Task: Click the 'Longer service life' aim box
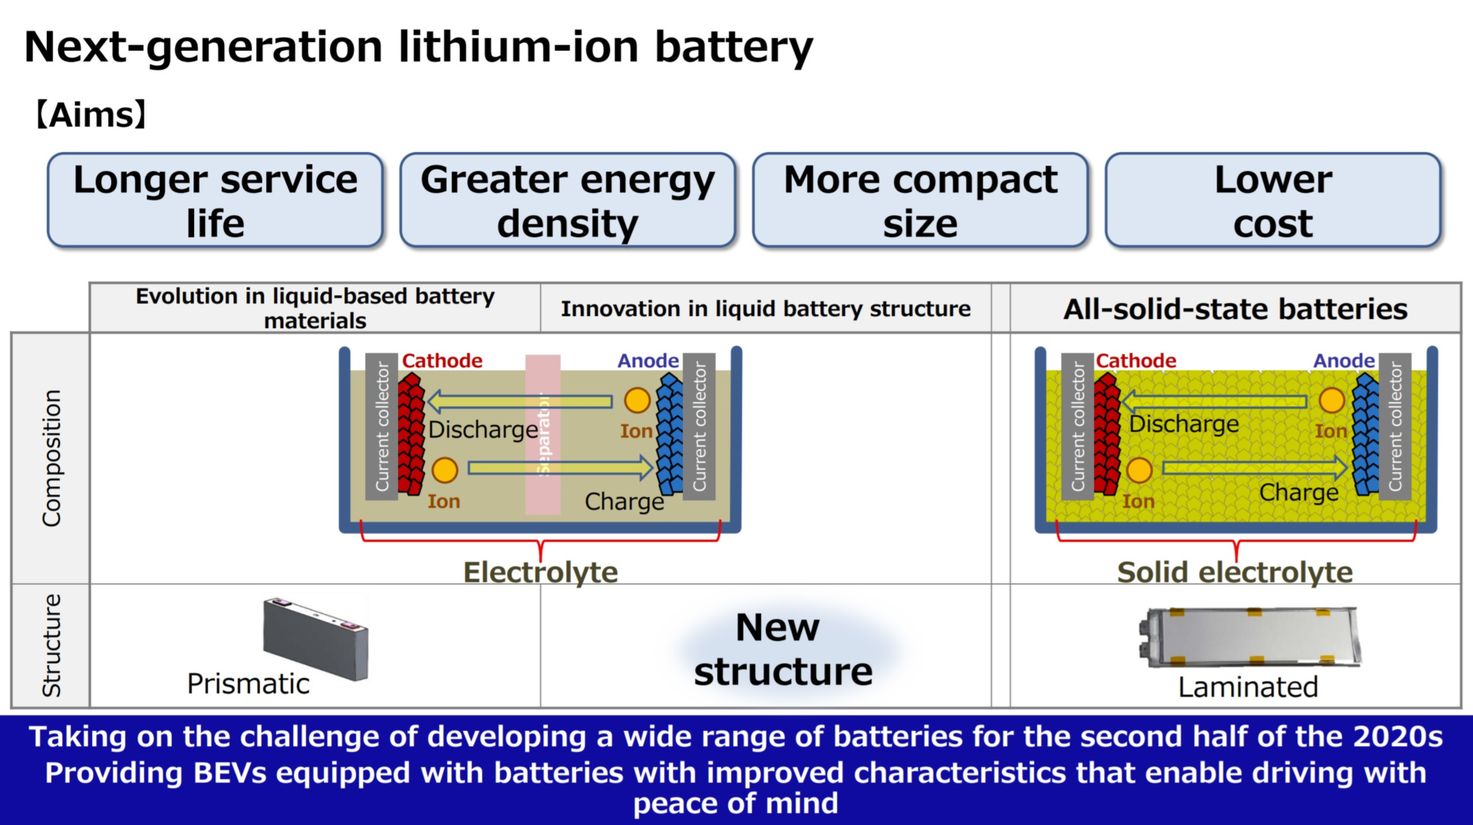215,201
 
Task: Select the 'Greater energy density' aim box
568,201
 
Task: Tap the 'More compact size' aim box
920,201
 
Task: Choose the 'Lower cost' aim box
1273,201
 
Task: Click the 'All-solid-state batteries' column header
1235,309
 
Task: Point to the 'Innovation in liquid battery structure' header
766,309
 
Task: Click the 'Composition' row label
51,458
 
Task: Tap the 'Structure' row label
51,646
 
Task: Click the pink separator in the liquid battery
542,434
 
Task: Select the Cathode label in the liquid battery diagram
442,360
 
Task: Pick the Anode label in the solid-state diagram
1343,360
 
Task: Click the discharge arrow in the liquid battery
519,401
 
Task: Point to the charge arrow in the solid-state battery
1254,468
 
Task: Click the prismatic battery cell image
315,638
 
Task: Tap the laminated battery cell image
1250,636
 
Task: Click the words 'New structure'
782,649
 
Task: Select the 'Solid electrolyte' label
1234,572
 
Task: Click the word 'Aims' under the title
91,115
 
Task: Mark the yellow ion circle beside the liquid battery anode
637,400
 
